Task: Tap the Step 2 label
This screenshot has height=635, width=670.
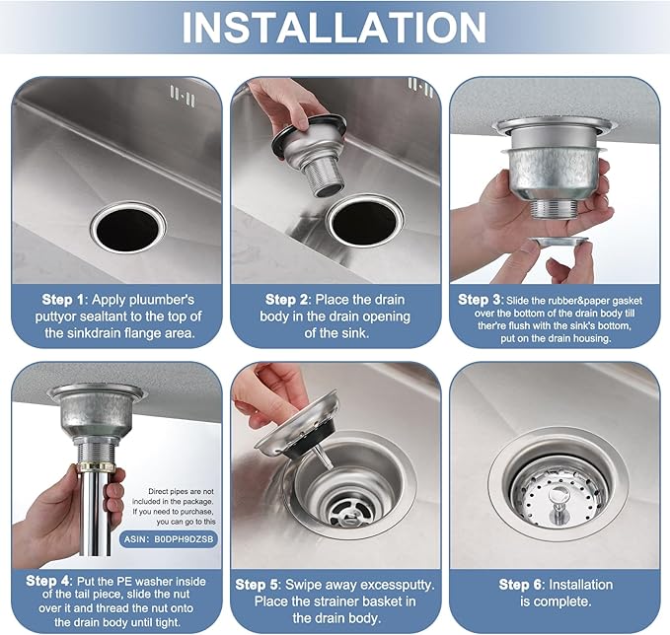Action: coord(289,299)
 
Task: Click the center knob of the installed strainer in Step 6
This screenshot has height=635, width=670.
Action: coord(558,489)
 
